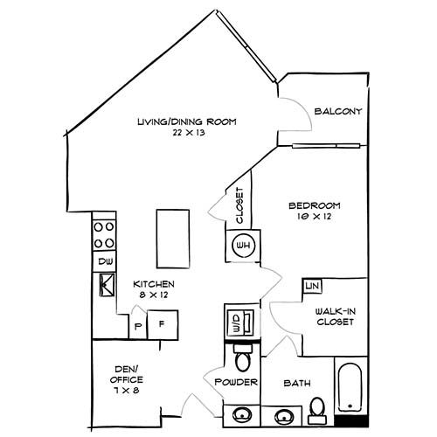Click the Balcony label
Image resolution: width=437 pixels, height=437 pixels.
pos(338,111)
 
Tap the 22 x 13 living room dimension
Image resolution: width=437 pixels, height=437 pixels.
pos(189,133)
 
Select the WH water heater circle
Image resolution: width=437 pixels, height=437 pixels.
pos(243,246)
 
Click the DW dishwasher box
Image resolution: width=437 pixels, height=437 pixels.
pos(105,261)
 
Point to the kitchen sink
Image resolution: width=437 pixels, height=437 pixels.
pos(108,285)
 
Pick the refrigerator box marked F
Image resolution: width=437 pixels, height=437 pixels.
pos(163,324)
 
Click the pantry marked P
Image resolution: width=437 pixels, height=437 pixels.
pos(138,326)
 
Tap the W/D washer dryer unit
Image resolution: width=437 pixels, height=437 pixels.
pos(240,322)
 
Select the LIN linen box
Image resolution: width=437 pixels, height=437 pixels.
pos(312,286)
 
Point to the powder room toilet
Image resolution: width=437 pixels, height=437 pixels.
pos(242,357)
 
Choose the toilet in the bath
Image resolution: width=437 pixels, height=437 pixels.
pos(317,412)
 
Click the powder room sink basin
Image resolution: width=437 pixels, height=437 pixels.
pos(242,415)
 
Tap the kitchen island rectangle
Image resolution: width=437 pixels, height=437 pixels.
pos(173,239)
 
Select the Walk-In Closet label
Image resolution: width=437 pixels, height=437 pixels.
pos(336,316)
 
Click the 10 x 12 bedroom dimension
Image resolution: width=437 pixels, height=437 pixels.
pos(315,217)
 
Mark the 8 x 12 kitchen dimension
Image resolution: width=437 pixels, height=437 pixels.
pos(154,295)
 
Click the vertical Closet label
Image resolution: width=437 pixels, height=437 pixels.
pos(239,205)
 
